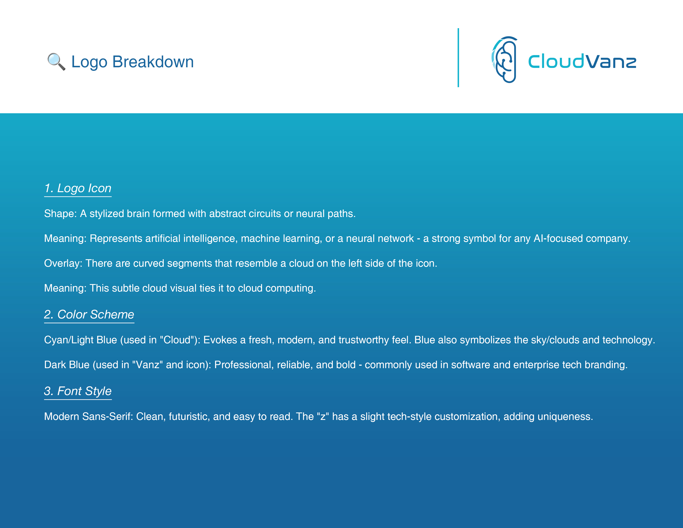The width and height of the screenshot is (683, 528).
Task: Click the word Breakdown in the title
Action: pyautogui.click(x=153, y=62)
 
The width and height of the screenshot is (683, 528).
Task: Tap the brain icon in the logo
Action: pyautogui.click(x=504, y=59)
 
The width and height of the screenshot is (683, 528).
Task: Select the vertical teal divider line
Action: pyautogui.click(x=458, y=58)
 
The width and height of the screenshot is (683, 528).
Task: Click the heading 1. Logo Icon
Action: pyautogui.click(x=78, y=188)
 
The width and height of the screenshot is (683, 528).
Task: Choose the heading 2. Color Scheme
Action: pyautogui.click(x=89, y=314)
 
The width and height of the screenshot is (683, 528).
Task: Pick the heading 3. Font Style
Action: pyautogui.click(x=78, y=391)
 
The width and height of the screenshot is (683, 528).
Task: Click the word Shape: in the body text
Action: pyautogui.click(x=60, y=214)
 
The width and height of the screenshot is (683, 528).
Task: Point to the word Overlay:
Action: pyautogui.click(x=63, y=263)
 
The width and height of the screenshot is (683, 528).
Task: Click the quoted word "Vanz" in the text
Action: pyautogui.click(x=148, y=365)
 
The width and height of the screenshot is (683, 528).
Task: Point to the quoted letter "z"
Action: pyautogui.click(x=323, y=417)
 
